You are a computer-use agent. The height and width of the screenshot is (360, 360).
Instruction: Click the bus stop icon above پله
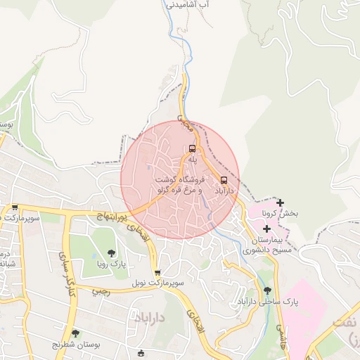pyautogui.click(x=192, y=148)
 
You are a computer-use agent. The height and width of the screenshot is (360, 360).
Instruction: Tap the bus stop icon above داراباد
pyautogui.click(x=224, y=179)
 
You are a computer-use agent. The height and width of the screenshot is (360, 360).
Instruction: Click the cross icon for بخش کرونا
pyautogui.click(x=281, y=202)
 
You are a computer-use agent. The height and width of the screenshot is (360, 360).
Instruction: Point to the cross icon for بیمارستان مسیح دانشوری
pyautogui.click(x=267, y=229)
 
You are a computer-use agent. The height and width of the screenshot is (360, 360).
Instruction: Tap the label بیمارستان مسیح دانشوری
pyautogui.click(x=268, y=244)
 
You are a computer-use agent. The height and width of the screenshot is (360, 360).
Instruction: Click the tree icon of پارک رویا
pyautogui.click(x=111, y=253)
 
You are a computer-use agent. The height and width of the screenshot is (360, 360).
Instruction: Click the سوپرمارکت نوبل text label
pyautogui.click(x=160, y=283)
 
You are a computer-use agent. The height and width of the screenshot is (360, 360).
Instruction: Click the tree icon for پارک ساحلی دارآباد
pyautogui.click(x=266, y=290)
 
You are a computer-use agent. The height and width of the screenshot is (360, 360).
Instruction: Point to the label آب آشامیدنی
pyautogui.click(x=188, y=4)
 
